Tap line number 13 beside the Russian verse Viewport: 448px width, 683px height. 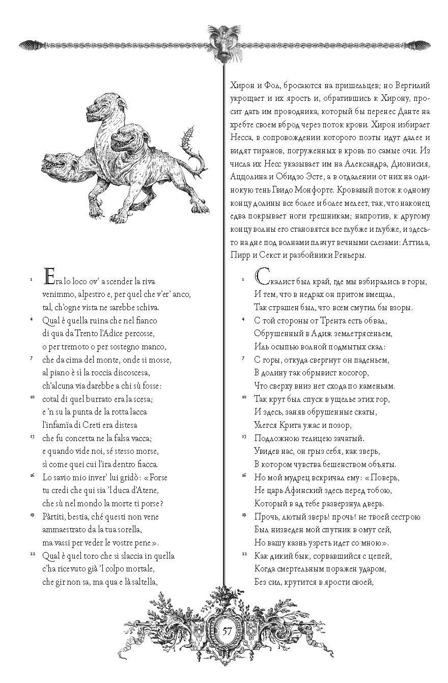[x=244, y=436]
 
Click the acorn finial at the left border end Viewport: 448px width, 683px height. [x=25, y=45]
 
